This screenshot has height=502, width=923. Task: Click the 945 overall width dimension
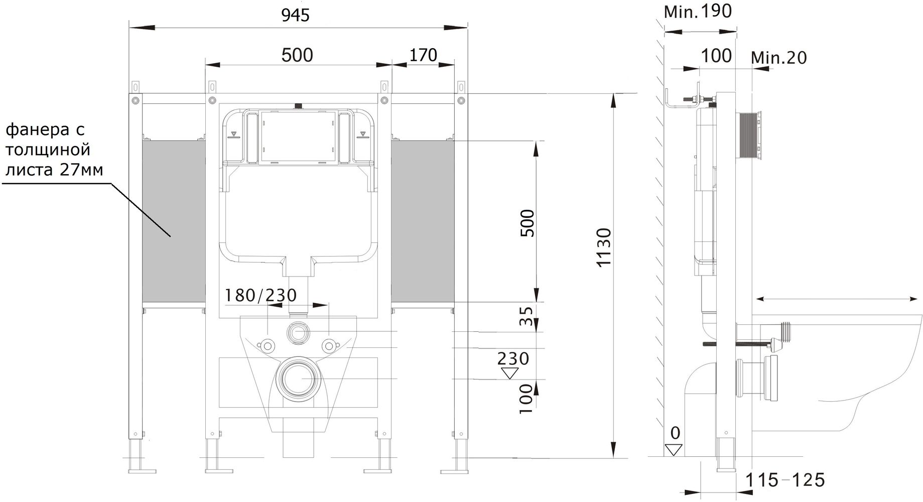coord(295,16)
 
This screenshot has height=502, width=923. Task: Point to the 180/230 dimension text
coord(260,295)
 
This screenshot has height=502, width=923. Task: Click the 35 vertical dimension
coord(525,317)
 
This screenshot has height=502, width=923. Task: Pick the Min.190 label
coord(698,11)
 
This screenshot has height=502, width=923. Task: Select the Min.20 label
coord(779,58)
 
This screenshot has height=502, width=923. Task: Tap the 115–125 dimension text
coord(784,480)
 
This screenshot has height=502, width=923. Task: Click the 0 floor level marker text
coord(676,432)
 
